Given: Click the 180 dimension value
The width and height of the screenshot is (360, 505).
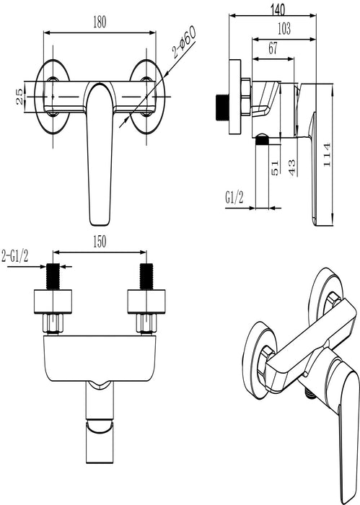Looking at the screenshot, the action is [x=100, y=22].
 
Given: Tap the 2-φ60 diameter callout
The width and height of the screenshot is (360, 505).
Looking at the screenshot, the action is [x=184, y=42].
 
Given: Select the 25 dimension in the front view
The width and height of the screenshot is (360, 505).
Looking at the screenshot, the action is [x=20, y=97].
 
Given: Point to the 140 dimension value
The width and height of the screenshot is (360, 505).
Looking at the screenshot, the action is [x=278, y=9].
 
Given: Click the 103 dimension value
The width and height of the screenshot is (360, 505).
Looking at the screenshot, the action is [x=284, y=29].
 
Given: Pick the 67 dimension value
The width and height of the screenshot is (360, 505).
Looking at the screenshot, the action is [x=273, y=48].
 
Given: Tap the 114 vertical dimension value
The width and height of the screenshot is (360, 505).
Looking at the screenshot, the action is [x=327, y=154].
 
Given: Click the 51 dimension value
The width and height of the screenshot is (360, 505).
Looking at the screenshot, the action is [x=275, y=168].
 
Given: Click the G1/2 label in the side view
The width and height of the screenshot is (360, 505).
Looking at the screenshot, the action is [x=234, y=197].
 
